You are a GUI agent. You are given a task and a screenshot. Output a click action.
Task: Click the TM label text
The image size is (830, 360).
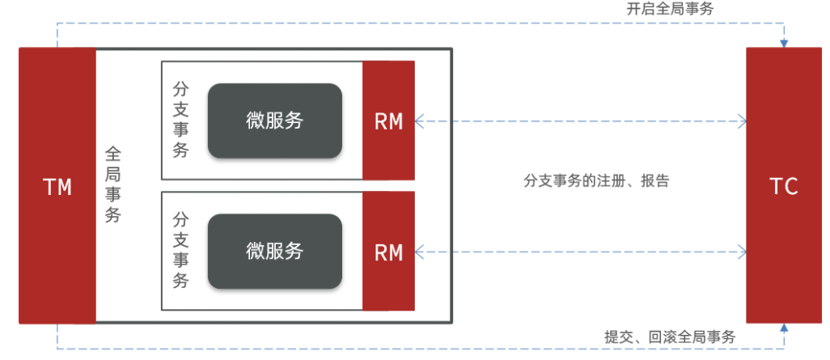point(57,188)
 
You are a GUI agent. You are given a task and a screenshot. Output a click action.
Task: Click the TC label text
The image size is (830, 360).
point(783,187)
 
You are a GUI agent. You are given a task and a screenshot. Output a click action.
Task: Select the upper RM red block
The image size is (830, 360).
point(388,121)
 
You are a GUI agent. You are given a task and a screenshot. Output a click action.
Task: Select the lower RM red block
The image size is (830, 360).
point(388,251)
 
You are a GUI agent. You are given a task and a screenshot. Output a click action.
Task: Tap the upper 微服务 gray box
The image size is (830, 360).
point(275,121)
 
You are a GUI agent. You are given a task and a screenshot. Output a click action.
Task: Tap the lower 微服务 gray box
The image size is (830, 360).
point(275,251)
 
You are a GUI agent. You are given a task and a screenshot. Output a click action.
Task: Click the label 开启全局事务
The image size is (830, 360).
point(670,10)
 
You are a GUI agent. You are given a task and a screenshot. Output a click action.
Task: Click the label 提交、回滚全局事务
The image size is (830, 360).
point(670,337)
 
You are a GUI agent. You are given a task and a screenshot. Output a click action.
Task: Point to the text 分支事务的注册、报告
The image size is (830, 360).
point(596,181)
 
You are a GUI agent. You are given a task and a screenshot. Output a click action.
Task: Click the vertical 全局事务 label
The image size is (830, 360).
point(112,184)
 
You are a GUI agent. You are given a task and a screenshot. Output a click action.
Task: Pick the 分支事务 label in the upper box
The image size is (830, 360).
point(180,121)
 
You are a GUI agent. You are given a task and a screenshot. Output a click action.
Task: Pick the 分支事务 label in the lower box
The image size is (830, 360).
point(180,251)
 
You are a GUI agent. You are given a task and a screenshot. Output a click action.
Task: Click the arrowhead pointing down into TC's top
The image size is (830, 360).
point(784,44)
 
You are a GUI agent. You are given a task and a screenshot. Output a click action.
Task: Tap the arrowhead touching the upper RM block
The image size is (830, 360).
point(419,121)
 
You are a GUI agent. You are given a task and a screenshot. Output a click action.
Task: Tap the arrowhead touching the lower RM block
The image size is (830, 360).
point(419,252)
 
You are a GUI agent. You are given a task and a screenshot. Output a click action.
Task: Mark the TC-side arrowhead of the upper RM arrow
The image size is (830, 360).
point(742,121)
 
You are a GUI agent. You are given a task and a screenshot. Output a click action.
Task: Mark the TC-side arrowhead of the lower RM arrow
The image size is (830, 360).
point(742,252)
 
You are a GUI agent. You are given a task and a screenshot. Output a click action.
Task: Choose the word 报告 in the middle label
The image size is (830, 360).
point(655,181)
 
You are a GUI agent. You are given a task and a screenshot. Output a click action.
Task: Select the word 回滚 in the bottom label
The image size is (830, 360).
point(663,337)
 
